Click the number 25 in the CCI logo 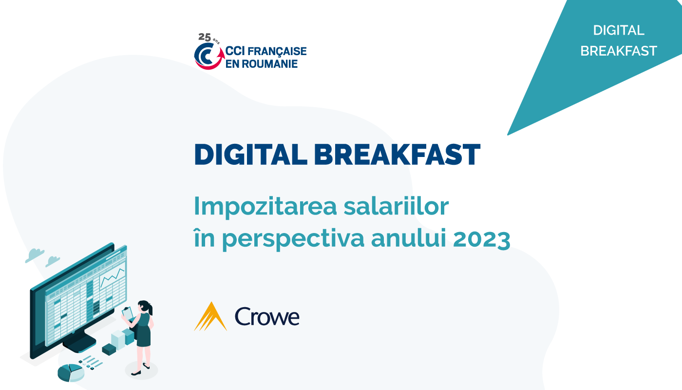click(x=205, y=37)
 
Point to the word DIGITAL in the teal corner click(x=619, y=30)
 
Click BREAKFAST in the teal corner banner click(x=619, y=51)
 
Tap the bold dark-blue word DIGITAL click(x=251, y=155)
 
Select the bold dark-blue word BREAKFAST click(x=398, y=155)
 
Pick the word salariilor click(x=396, y=206)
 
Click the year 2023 click(x=481, y=239)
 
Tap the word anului click(x=409, y=238)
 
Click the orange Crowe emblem click(x=210, y=316)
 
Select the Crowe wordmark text click(x=267, y=316)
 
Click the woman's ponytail click(x=150, y=309)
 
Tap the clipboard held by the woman click(x=128, y=313)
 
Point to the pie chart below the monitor click(x=71, y=372)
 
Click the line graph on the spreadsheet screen click(x=113, y=277)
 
